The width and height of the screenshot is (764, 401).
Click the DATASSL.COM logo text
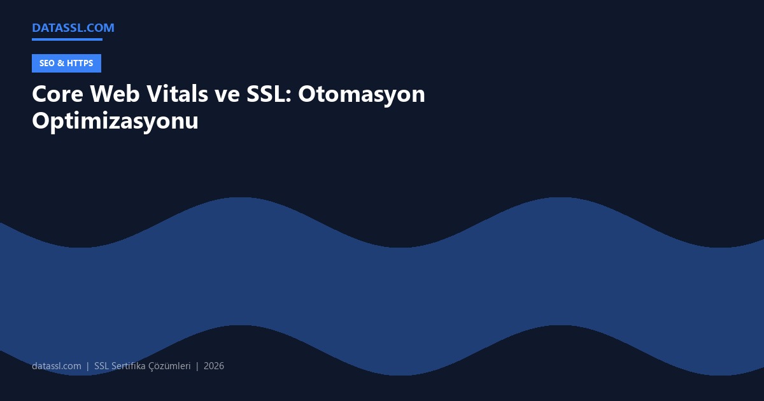[x=73, y=27]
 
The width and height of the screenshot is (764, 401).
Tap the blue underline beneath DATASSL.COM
[x=67, y=39]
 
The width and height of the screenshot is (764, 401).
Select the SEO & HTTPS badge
[x=66, y=63]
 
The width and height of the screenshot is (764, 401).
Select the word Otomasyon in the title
[x=362, y=94]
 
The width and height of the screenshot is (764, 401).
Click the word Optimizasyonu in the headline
[x=115, y=121]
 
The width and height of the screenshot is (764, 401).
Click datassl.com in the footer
[x=57, y=366]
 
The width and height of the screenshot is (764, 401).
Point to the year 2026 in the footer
[x=214, y=366]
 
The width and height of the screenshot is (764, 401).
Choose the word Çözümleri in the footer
[x=169, y=366]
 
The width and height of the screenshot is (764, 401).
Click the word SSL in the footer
[x=101, y=366]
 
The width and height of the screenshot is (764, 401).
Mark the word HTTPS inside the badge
[x=80, y=63]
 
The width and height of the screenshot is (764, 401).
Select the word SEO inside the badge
[x=47, y=63]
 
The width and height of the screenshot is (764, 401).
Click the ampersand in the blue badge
[x=60, y=63]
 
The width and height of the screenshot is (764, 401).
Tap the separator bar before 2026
[x=197, y=366]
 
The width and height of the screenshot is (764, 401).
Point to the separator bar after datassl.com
[x=88, y=366]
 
